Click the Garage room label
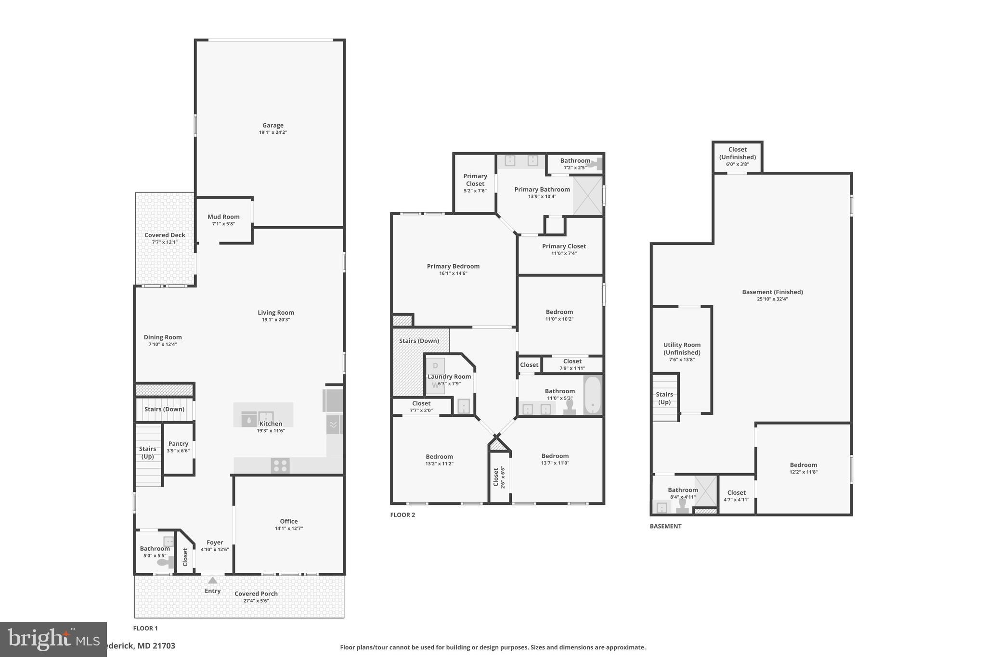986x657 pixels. point(272,126)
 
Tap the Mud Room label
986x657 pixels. point(223,217)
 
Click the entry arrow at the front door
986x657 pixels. point(212,580)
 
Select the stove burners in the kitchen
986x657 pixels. point(280,466)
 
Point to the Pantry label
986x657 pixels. point(178,444)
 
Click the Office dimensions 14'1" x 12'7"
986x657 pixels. point(288,528)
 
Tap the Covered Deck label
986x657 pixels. point(165,235)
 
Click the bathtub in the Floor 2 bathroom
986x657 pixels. point(593,395)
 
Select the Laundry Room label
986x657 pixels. point(449,377)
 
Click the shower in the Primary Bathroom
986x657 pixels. point(587,195)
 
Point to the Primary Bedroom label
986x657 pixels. point(453,266)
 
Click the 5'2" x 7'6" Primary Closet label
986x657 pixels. point(475,191)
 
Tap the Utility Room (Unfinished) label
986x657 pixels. point(682,348)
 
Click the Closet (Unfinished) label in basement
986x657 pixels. point(737,153)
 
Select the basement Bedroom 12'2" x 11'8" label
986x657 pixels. point(803,465)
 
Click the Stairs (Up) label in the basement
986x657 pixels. point(664,398)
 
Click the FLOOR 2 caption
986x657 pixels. point(402,515)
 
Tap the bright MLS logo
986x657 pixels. point(53,639)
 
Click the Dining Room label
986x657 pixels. point(163,337)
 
